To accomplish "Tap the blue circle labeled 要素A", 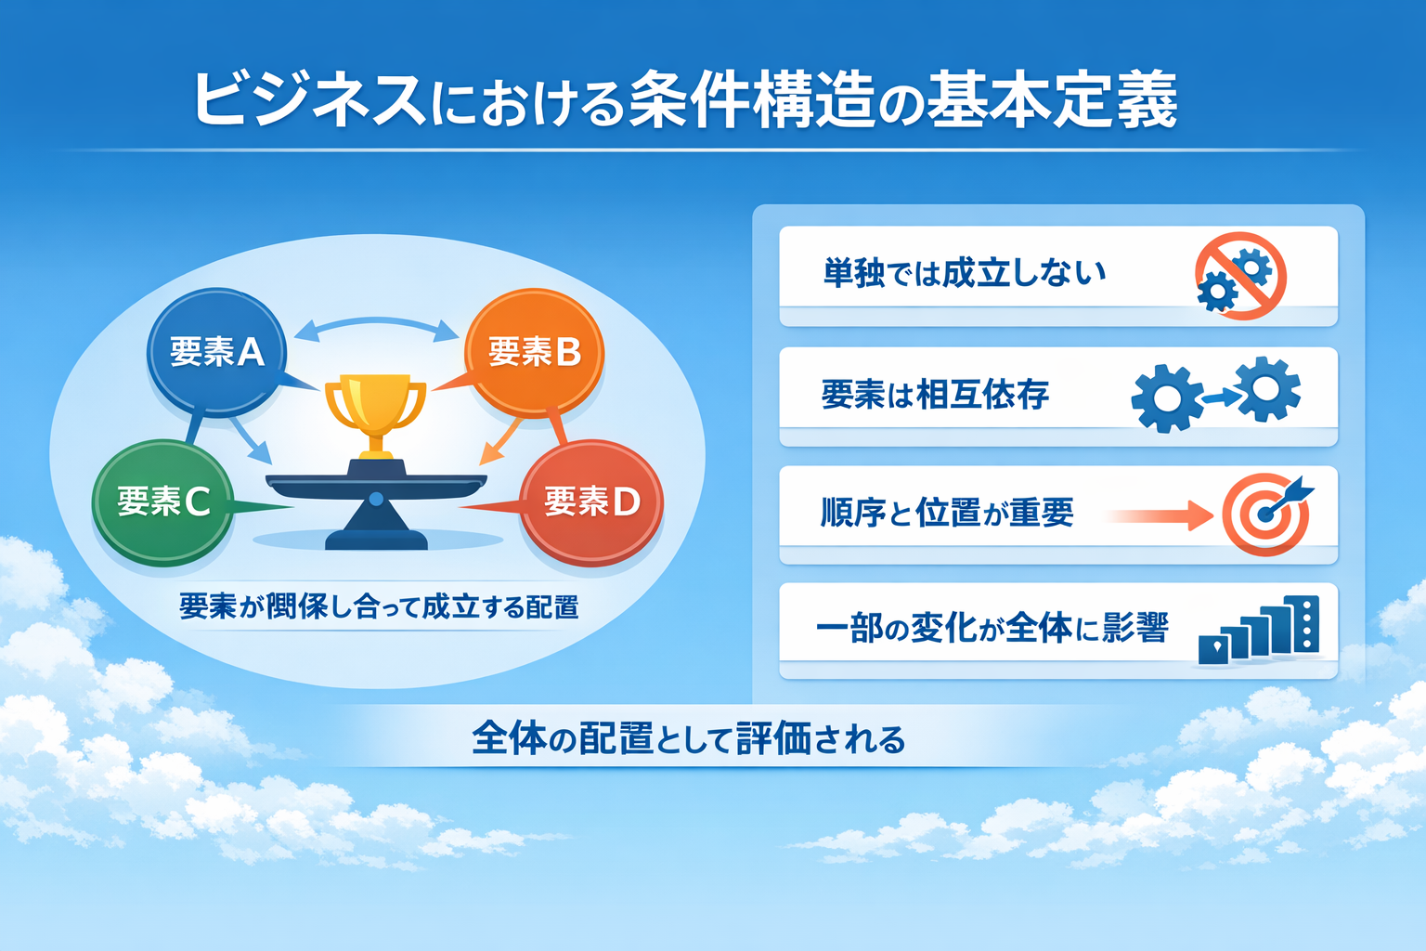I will click(216, 352).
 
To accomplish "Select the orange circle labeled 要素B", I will click(535, 351).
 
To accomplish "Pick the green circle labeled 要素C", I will click(162, 502).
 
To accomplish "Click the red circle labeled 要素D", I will click(591, 502).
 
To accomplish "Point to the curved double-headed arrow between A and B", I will click(376, 325).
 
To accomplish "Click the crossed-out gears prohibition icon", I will click(1240, 276).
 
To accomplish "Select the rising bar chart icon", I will click(1260, 631).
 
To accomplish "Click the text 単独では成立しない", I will click(965, 273).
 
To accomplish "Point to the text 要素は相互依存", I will click(935, 395).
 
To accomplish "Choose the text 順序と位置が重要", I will click(947, 512).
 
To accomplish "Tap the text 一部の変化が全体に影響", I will click(991, 629).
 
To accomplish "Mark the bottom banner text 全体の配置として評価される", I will click(688, 739).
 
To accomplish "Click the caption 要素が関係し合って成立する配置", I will click(379, 606).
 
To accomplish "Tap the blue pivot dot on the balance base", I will click(376, 500).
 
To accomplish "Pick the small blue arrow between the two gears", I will click(1219, 397).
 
